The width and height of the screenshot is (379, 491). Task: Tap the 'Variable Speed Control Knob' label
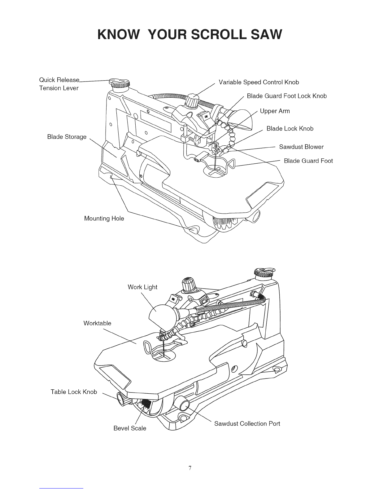tap(259, 82)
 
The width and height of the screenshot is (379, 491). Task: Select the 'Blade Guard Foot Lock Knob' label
tap(287, 96)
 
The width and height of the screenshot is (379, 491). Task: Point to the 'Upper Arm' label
tap(275, 111)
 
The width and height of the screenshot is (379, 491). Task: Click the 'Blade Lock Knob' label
tap(290, 129)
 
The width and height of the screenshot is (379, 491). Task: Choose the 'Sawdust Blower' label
tap(301, 147)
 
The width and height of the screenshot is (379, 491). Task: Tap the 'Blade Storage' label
tap(67, 137)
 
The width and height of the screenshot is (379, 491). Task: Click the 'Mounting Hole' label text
tap(104, 219)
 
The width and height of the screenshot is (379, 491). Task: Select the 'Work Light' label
tap(142, 287)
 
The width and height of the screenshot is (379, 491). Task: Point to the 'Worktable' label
tap(97, 323)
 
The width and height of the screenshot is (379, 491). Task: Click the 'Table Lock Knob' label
tap(74, 392)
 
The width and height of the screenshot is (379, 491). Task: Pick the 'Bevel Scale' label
tap(130, 428)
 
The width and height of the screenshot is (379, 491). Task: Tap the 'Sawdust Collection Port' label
tap(247, 423)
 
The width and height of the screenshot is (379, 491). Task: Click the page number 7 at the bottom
tap(190, 468)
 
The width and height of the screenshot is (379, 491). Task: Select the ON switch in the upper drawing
tap(206, 117)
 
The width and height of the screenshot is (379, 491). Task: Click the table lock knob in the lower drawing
tap(122, 399)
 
